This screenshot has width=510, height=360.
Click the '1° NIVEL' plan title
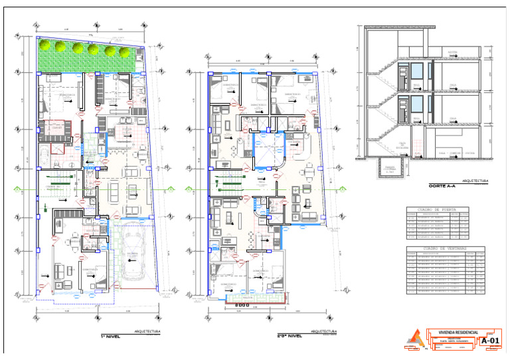(x=108, y=337)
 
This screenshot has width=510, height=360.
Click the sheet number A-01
(x=489, y=341)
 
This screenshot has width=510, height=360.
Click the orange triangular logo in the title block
(x=413, y=339)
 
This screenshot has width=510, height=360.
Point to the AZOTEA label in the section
(x=452, y=51)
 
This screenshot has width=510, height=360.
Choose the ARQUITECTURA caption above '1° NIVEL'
(x=147, y=331)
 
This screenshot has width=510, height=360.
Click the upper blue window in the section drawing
(x=416, y=72)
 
